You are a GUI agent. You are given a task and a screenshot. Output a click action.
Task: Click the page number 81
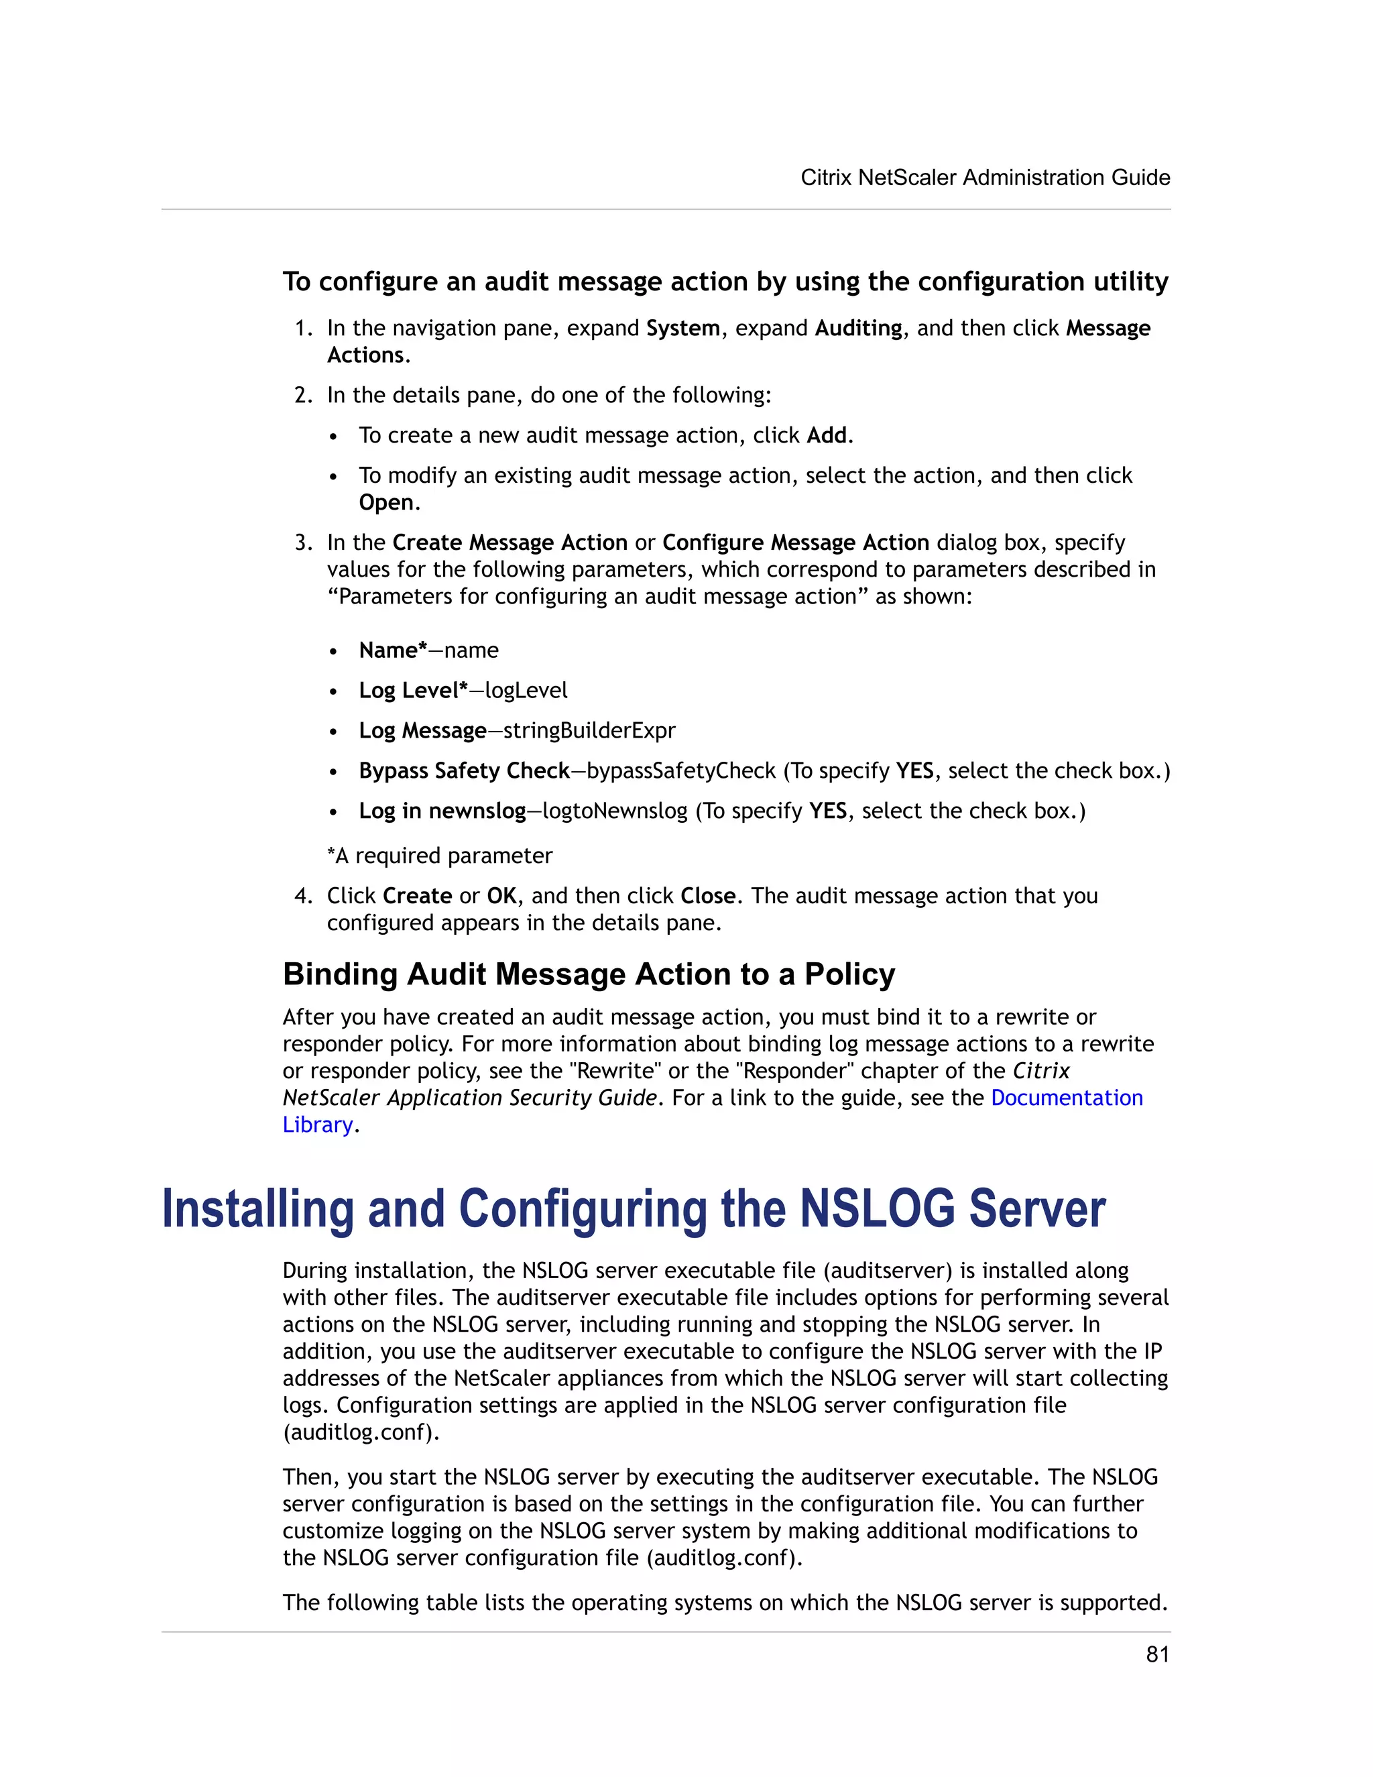click(1156, 1654)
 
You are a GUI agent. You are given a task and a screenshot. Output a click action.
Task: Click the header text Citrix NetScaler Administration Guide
click(985, 178)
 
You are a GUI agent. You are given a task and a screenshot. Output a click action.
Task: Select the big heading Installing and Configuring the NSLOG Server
click(633, 1209)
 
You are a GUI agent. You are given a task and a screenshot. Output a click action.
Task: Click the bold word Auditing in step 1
click(858, 328)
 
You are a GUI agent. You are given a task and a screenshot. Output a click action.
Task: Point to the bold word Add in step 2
click(827, 435)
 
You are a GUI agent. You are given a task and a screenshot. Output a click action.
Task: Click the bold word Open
click(386, 502)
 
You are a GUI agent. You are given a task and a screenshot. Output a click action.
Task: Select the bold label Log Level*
click(413, 690)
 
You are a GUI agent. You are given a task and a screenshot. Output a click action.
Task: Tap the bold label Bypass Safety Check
click(464, 770)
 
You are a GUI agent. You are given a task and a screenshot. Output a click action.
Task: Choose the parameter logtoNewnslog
click(614, 811)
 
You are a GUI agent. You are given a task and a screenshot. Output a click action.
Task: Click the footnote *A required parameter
click(439, 855)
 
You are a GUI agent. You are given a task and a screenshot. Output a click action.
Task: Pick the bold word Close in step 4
click(708, 896)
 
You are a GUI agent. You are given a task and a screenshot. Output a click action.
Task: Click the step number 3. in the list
click(304, 542)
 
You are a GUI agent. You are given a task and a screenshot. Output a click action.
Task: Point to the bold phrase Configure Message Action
click(796, 542)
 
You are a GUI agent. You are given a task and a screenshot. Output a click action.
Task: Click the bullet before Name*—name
click(333, 652)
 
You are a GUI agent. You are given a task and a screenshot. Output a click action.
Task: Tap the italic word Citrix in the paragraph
click(1041, 1071)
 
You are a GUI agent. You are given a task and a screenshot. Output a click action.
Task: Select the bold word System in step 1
click(682, 328)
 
